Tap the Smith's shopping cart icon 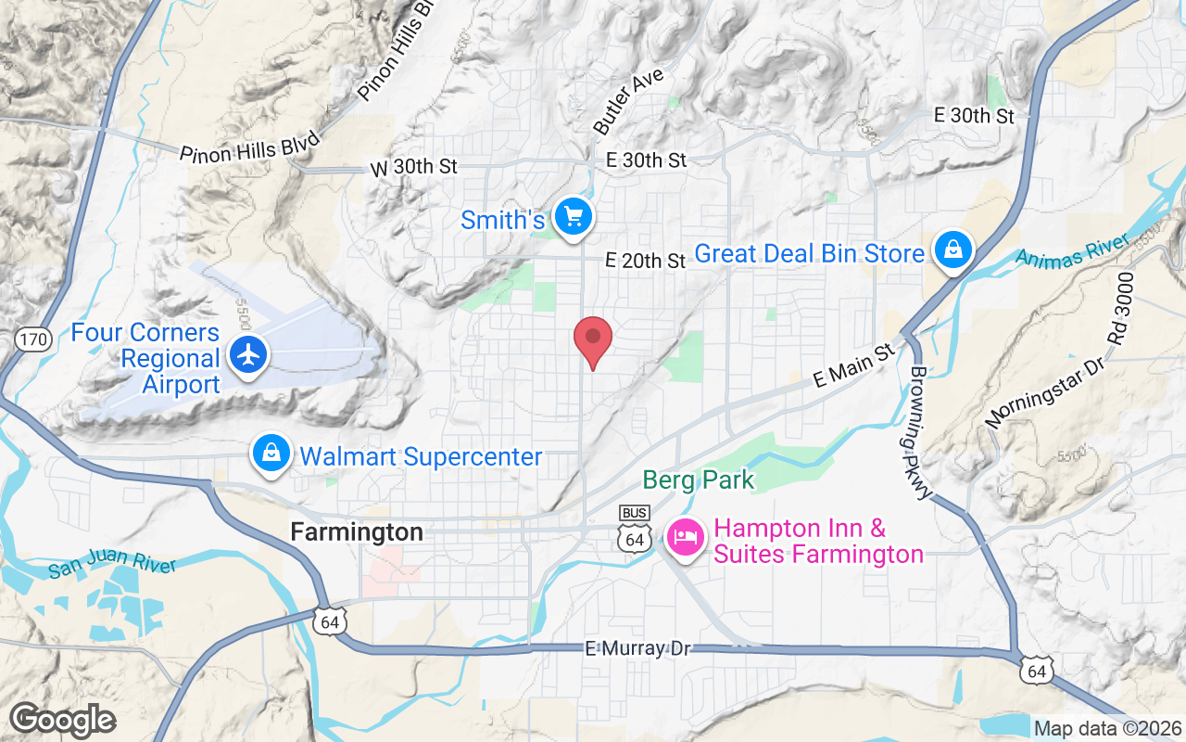pos(573,218)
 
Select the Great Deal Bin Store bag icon pos(952,250)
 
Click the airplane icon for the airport pos(248,354)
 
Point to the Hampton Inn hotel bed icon pos(686,538)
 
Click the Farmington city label pos(357,532)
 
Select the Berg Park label pos(699,480)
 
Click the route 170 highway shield pos(32,339)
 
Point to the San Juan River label pos(112,565)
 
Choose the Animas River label pos(1073,249)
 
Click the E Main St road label pos(855,365)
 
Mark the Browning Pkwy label pos(919,434)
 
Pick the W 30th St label pos(414,167)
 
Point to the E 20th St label pos(645,262)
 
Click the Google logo pos(62,720)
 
